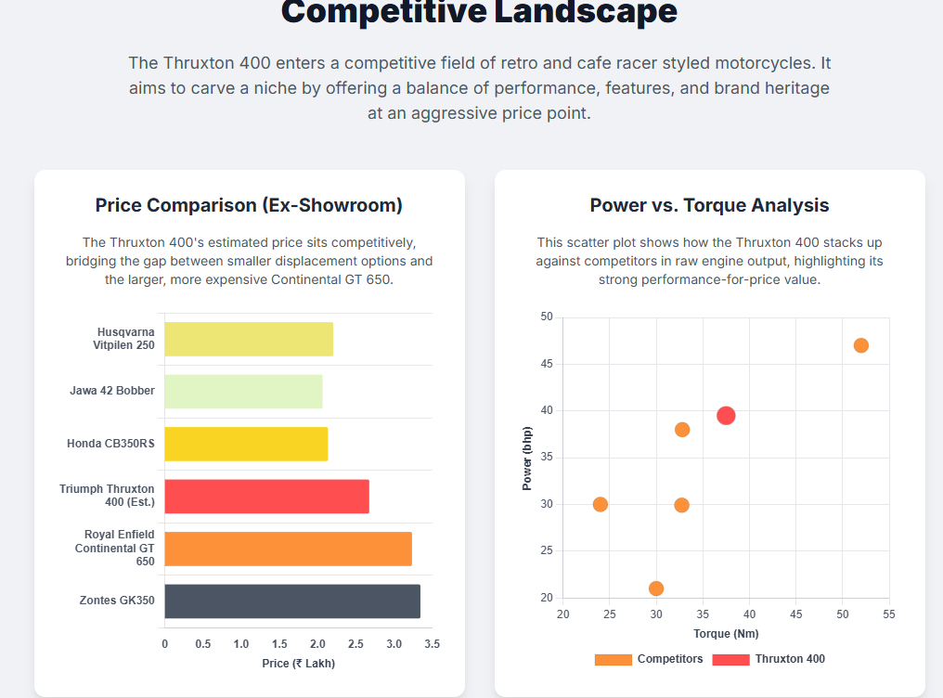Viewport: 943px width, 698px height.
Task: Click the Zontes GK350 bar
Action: pos(292,601)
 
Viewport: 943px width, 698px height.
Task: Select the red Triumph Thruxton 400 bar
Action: pos(266,497)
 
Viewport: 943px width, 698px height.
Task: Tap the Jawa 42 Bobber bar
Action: pos(243,391)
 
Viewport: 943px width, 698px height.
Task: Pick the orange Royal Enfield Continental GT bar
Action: pos(288,549)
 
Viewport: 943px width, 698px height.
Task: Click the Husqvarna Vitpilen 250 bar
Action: pos(249,339)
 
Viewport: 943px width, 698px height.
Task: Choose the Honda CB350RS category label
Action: pos(110,444)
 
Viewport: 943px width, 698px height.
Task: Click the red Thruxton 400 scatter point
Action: pos(726,416)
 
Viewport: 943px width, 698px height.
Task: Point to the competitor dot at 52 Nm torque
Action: pos(860,345)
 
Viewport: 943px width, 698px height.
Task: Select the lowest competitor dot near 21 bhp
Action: pos(656,588)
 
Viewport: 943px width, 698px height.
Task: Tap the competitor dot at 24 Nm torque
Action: pos(601,505)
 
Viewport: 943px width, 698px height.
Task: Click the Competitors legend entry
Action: pos(649,659)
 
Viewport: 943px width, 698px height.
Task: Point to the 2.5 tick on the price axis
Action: pos(356,644)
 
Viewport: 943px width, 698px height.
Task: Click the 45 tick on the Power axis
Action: pos(546,365)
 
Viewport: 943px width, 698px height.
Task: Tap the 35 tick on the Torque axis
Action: pos(703,615)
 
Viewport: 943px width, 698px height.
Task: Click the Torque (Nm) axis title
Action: pos(726,634)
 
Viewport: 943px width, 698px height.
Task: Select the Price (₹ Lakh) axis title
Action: pos(298,664)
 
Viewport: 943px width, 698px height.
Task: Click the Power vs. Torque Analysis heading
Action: pos(709,205)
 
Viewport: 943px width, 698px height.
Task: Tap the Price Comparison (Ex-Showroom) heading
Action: pos(249,205)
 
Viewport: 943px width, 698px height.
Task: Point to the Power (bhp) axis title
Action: pos(527,458)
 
